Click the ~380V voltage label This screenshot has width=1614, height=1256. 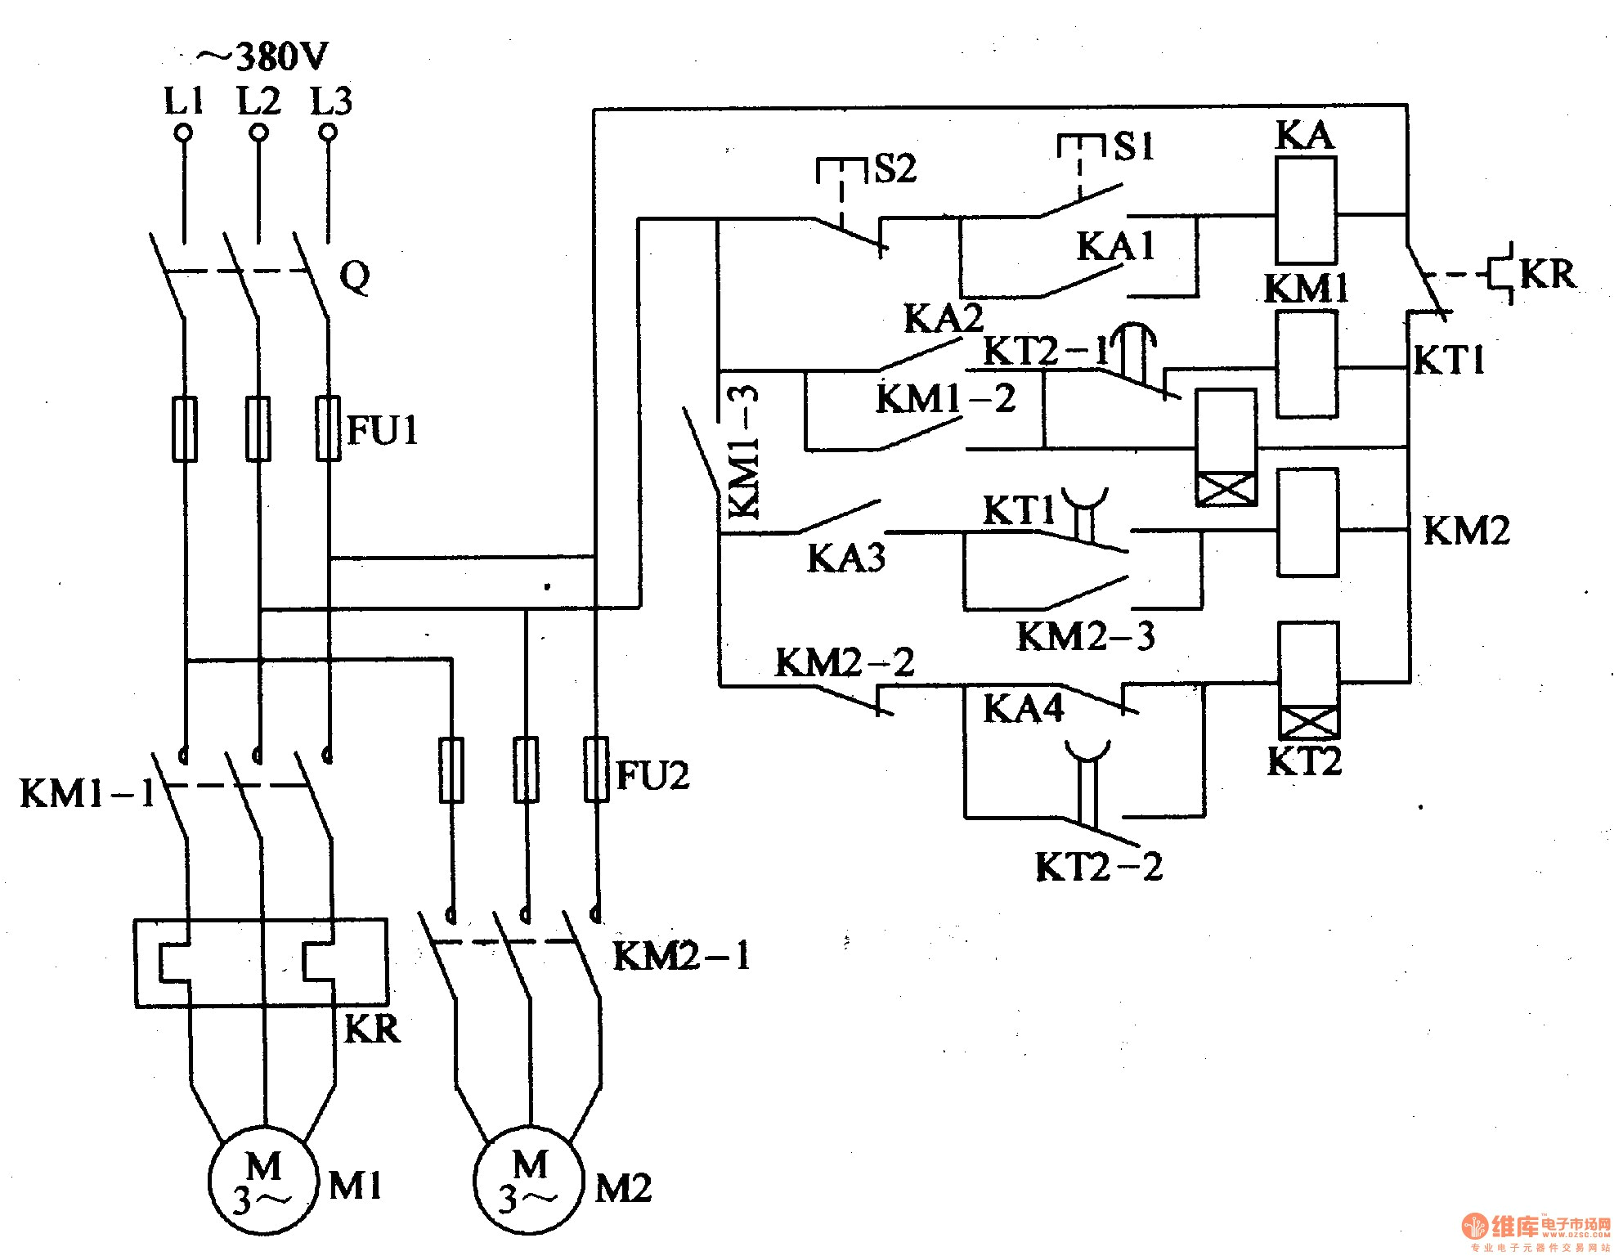click(x=262, y=58)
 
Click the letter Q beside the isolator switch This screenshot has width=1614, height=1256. click(x=354, y=276)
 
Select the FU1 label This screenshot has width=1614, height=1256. click(x=383, y=430)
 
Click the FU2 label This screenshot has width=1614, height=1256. click(x=652, y=775)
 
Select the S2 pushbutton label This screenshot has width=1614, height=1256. click(x=896, y=169)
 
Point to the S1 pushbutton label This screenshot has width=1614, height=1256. click(x=1134, y=147)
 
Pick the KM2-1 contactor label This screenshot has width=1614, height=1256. click(x=681, y=956)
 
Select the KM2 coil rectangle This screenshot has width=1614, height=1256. click(x=1307, y=522)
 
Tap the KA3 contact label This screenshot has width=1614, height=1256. click(x=846, y=558)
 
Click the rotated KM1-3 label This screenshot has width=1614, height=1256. click(x=743, y=452)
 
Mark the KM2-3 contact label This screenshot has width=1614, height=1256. click(x=1086, y=636)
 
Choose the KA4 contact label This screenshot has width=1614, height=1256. click(x=1023, y=709)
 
